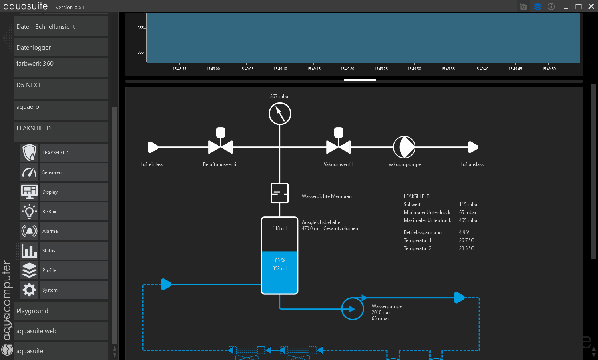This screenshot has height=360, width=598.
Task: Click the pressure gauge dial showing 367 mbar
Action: click(280, 114)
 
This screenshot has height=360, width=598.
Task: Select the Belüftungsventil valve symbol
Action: click(220, 147)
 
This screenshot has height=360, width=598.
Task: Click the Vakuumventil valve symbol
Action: click(339, 147)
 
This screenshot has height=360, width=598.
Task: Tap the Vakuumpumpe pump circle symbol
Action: click(404, 147)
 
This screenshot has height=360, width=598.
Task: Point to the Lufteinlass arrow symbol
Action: click(153, 147)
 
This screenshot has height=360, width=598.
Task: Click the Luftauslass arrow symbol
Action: click(473, 147)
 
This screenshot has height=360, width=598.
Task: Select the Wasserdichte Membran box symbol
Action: click(279, 193)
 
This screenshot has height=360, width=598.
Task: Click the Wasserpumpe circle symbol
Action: click(352, 309)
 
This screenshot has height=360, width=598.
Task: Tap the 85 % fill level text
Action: click(280, 260)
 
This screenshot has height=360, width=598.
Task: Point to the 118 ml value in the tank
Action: click(279, 228)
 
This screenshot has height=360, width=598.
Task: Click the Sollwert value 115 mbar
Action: click(469, 204)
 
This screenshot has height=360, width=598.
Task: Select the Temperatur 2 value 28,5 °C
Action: click(466, 248)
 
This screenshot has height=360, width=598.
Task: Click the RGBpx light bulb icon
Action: click(29, 211)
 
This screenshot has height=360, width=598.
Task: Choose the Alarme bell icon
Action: click(29, 231)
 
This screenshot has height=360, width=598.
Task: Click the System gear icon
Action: click(29, 290)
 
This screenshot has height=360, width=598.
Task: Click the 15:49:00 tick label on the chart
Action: click(213, 69)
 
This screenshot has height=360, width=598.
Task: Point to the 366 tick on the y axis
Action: click(140, 28)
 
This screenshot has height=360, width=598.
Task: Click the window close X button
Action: click(591, 6)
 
